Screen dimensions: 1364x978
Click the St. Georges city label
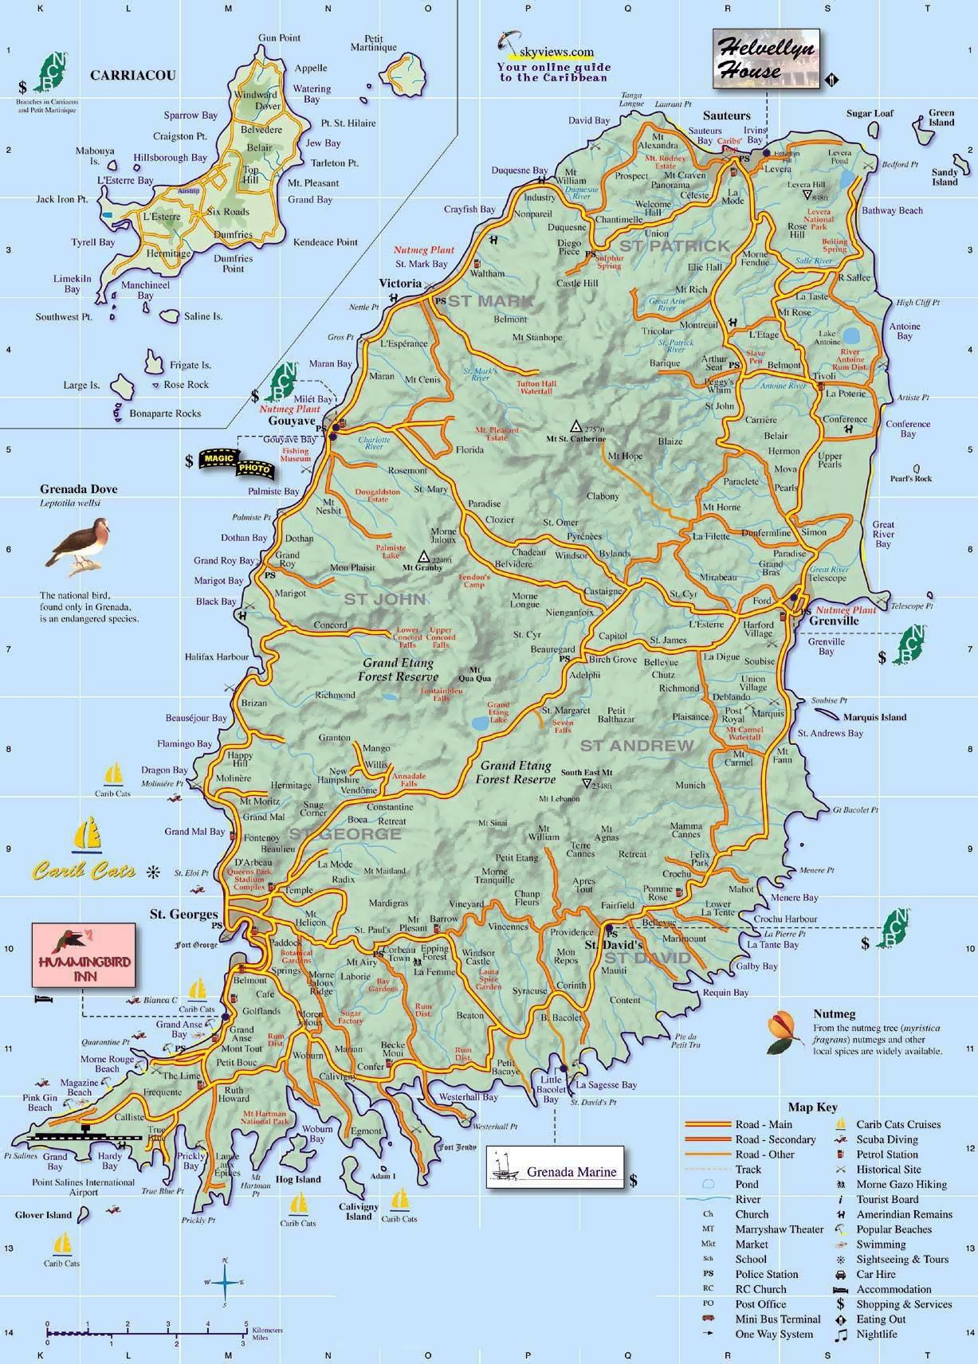[x=183, y=914]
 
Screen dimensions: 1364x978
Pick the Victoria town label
[x=400, y=283]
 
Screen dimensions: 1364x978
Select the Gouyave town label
[x=293, y=420]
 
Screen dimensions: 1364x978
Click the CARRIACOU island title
[x=132, y=76]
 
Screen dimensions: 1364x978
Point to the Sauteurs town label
[x=726, y=116]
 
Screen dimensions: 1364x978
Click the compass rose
[x=226, y=1283]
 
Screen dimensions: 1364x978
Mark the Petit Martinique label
[x=373, y=43]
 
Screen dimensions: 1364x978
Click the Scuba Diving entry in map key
[x=886, y=1139]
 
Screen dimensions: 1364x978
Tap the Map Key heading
[x=812, y=1107]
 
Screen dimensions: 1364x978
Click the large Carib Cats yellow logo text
[x=84, y=871]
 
